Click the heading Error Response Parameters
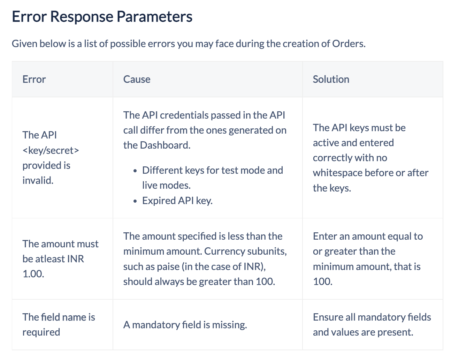click(x=102, y=17)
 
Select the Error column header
click(x=34, y=79)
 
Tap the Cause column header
click(x=137, y=79)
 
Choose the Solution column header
click(x=331, y=79)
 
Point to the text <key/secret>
click(x=51, y=150)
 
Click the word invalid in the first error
click(x=37, y=180)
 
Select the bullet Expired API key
click(x=177, y=201)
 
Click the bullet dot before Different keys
click(x=135, y=171)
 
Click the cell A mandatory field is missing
click(x=185, y=325)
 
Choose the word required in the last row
click(x=41, y=332)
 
